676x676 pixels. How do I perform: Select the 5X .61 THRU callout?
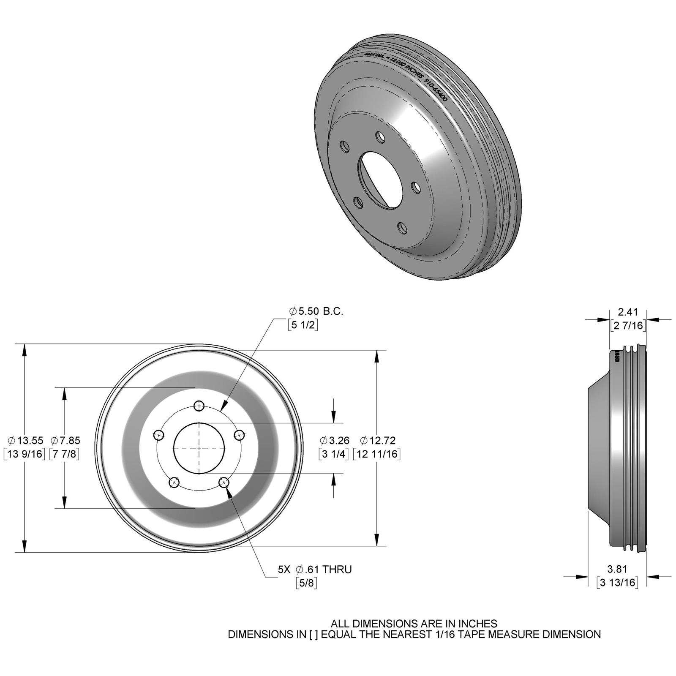click(314, 569)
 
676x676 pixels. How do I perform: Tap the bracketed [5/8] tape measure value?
click(306, 583)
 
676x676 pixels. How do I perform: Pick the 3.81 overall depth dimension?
click(617, 569)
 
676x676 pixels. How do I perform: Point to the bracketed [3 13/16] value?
click(617, 582)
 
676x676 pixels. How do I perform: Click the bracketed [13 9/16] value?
click(25, 454)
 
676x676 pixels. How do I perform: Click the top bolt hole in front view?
click(199, 406)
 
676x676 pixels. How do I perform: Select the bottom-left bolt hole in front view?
click(174, 482)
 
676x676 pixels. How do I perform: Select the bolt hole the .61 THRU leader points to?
click(224, 482)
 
